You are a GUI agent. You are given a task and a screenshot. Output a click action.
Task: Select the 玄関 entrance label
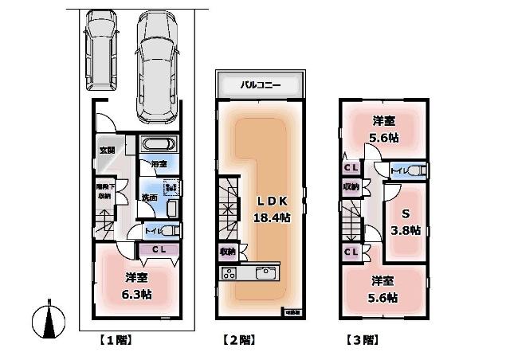[107, 150]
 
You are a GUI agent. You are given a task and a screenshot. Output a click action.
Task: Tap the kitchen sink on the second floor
[264, 274]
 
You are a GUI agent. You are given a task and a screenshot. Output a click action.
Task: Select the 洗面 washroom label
[148, 197]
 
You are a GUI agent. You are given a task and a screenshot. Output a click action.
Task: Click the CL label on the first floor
[158, 249]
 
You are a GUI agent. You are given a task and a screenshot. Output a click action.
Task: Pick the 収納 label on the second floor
[226, 251]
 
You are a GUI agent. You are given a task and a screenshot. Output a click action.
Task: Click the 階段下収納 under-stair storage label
[104, 191]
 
